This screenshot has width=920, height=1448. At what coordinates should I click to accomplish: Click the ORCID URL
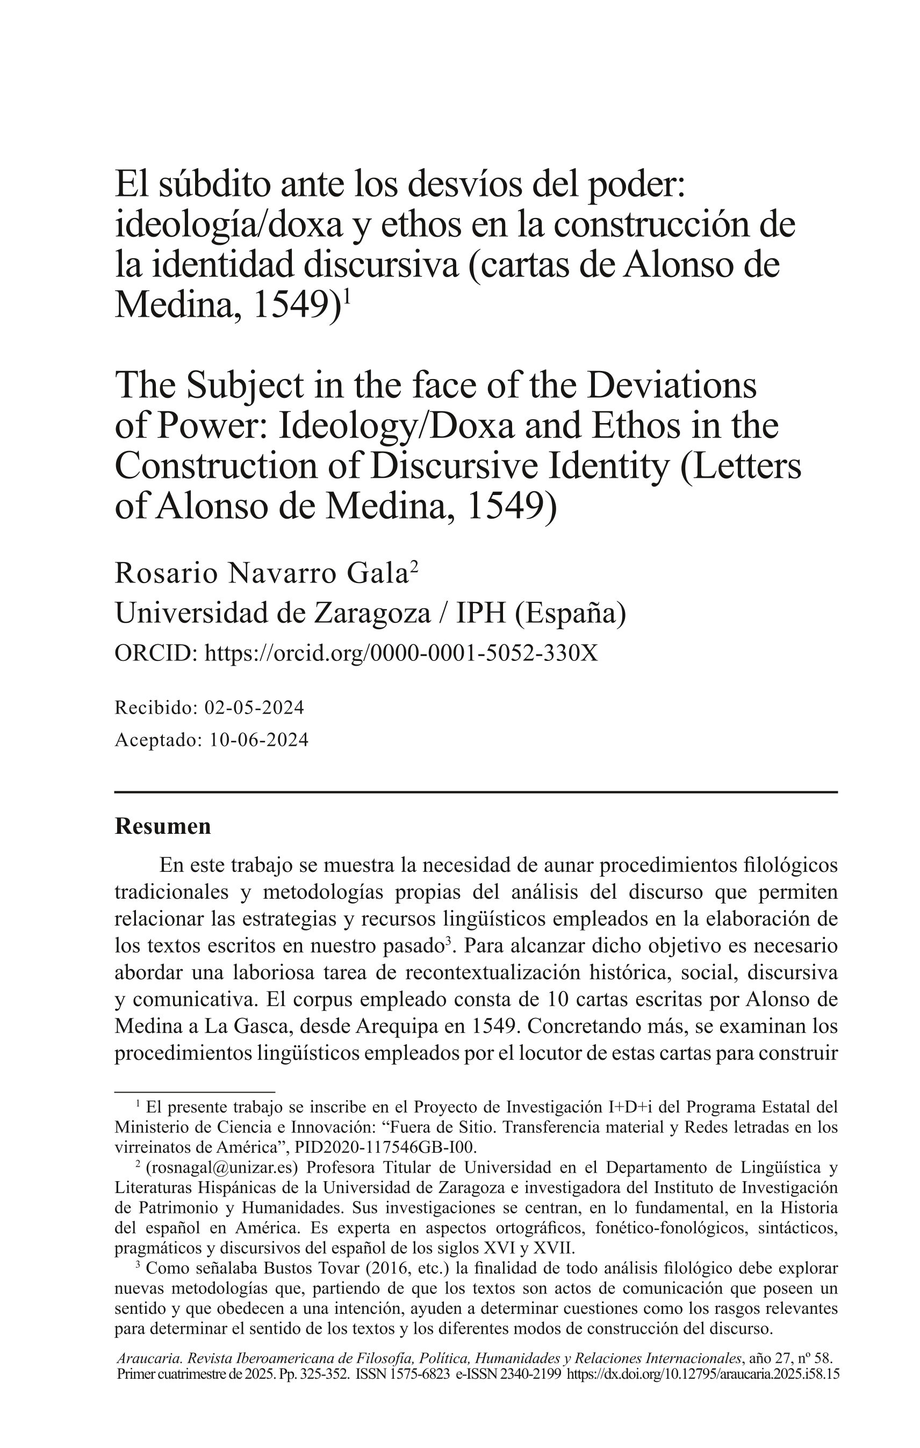coord(401,652)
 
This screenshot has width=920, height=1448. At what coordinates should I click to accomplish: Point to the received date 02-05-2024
coord(254,708)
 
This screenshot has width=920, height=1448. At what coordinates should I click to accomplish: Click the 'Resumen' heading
coord(162,826)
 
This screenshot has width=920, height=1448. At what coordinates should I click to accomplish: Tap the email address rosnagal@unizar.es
coord(222,1168)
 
